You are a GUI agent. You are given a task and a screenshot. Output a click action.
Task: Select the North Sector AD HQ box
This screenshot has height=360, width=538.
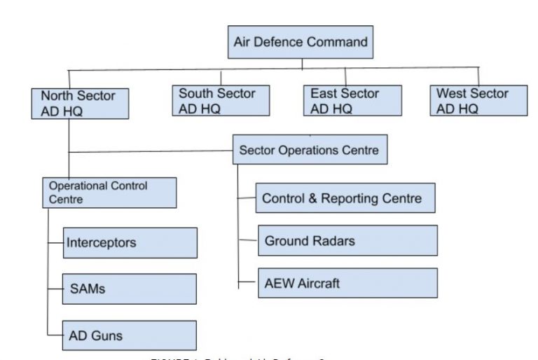[80, 102]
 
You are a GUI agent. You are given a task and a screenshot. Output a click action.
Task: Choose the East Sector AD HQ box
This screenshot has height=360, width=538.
[352, 101]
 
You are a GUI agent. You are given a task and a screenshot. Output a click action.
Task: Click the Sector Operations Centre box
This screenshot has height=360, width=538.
[310, 150]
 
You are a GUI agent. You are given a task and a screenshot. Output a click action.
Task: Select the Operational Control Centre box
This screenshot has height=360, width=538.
[109, 192]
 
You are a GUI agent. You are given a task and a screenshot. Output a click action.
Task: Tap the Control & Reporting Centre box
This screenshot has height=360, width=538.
[345, 198]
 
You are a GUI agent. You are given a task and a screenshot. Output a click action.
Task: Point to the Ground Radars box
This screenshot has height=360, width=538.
[347, 241]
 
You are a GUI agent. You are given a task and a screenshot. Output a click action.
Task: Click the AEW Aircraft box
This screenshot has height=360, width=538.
[347, 283]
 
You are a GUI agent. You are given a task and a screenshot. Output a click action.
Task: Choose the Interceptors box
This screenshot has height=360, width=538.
[130, 243]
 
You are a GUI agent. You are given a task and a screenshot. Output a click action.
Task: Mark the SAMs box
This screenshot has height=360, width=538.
[130, 289]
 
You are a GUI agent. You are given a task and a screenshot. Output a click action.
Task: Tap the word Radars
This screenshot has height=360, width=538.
[332, 241]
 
